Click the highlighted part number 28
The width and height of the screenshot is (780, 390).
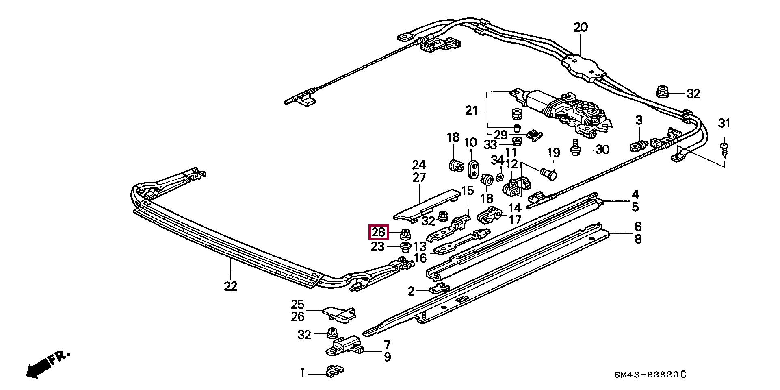tap(378, 233)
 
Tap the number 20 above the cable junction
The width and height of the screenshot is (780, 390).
tap(581, 27)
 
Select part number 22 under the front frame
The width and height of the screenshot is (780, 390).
tap(230, 286)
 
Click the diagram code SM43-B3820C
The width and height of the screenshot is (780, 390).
tap(650, 375)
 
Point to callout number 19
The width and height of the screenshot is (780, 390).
tap(553, 153)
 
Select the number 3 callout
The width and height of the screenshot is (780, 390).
tap(639, 120)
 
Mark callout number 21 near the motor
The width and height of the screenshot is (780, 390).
tap(472, 110)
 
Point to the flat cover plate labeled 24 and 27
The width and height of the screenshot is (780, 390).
tap(427, 206)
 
